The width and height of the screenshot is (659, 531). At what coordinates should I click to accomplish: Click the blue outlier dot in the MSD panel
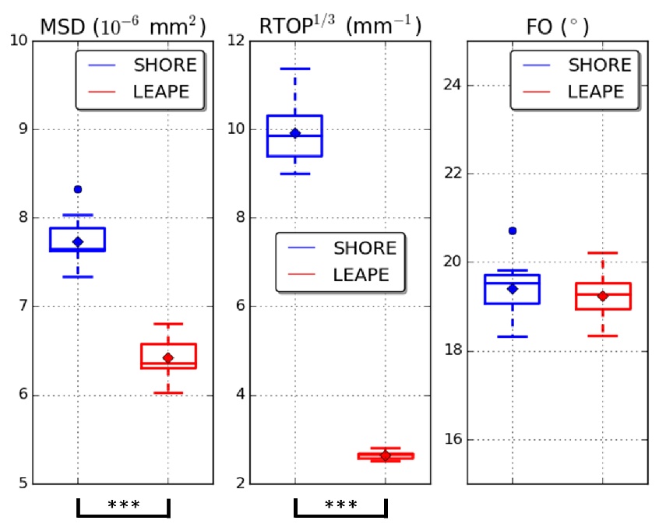pos(77,189)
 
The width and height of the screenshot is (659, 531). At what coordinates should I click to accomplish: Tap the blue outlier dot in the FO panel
pos(512,230)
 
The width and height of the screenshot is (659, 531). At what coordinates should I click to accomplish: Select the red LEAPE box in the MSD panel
pos(168,355)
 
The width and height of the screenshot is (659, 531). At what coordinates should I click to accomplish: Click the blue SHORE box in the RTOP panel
pos(294,135)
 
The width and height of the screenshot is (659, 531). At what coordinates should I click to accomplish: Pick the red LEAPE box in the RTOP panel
pos(386,455)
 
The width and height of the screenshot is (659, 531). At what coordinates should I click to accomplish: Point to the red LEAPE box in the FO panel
pos(603,296)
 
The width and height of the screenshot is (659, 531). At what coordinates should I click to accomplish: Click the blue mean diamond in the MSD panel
pos(77,242)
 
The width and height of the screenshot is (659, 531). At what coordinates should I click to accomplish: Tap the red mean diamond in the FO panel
pos(603,296)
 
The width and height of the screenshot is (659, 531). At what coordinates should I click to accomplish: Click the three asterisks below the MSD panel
pos(123,505)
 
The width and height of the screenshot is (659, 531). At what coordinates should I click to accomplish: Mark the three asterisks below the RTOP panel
pos(340,505)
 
